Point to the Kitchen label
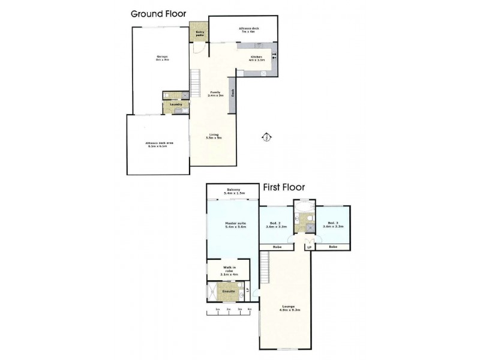coord(257,58)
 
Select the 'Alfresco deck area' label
coord(158,144)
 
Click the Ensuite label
coord(228,292)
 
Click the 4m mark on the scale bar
coord(249,310)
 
